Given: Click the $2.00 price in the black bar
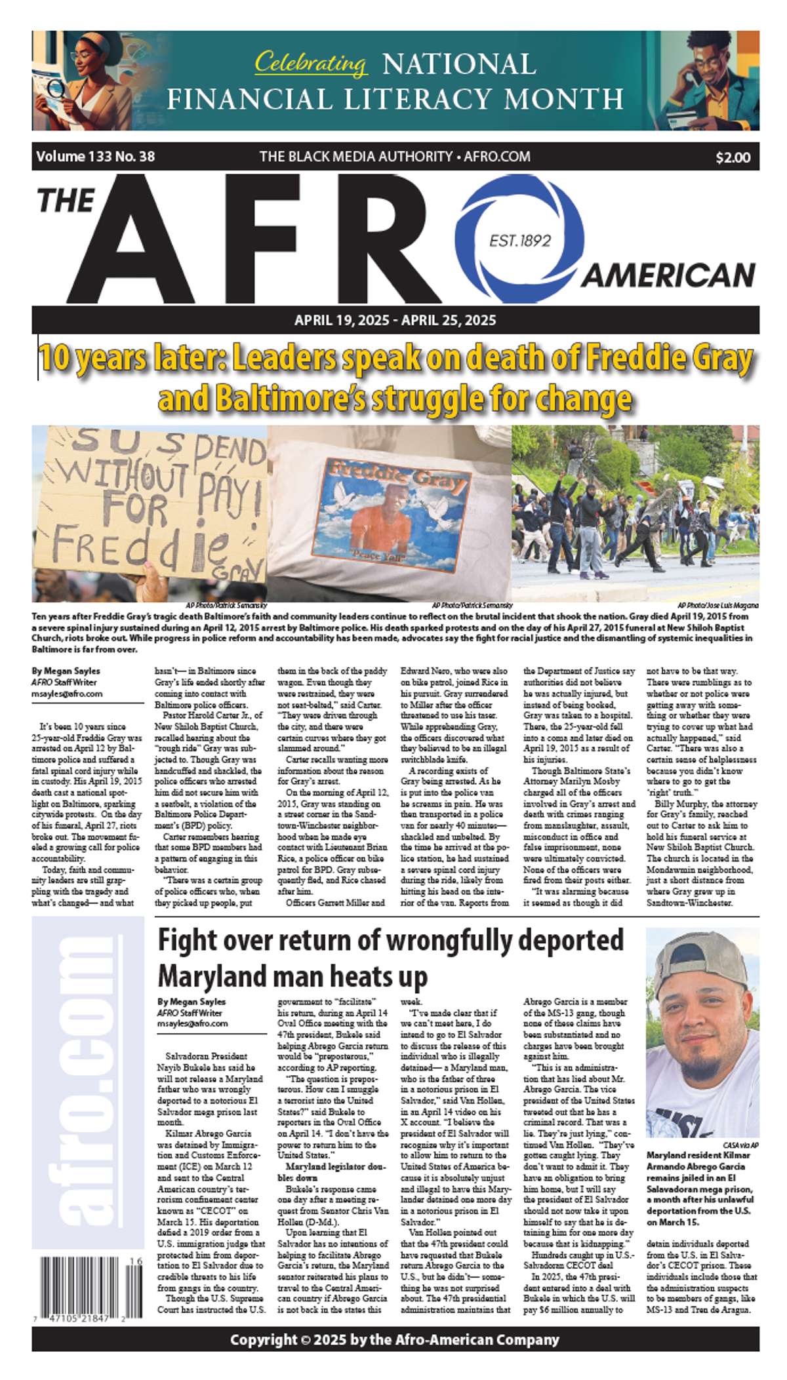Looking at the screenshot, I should pyautogui.click(x=733, y=157).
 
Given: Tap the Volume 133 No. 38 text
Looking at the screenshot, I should pyautogui.click(x=96, y=157).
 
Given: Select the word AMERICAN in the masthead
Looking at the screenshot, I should pyautogui.click(x=668, y=275).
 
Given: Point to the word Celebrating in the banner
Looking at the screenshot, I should pyautogui.click(x=310, y=63).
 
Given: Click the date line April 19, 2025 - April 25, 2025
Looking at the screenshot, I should pyautogui.click(x=395, y=321).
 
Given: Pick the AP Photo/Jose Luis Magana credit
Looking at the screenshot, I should pyautogui.click(x=717, y=605).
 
